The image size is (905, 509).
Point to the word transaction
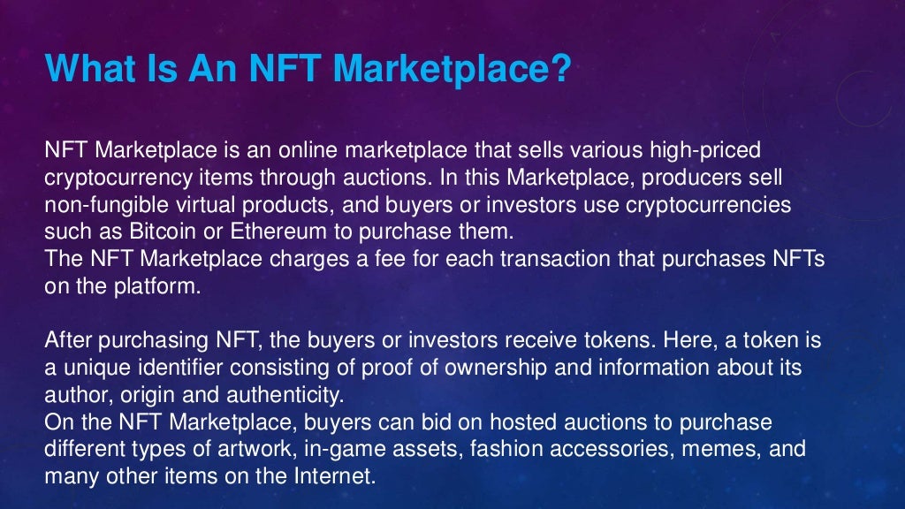[491, 259]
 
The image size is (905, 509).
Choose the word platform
[160, 286]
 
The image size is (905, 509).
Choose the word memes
[725, 449]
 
